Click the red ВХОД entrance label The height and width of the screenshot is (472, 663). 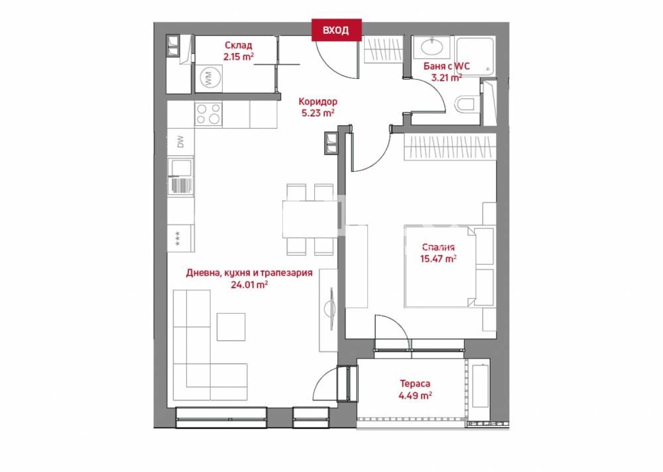337,30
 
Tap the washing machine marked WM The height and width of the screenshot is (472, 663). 208,78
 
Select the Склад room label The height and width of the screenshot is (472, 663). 239,45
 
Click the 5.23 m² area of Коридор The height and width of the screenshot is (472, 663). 318,113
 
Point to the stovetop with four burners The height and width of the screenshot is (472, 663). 208,114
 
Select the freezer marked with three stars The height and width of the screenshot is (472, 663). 180,238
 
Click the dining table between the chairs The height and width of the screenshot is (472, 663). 310,219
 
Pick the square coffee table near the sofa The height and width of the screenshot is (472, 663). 231,327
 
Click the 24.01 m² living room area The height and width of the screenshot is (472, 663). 249,284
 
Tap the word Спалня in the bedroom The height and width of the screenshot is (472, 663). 438,247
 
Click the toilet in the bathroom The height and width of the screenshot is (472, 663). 467,103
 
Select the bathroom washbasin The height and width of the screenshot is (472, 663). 432,47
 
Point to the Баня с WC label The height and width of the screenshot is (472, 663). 446,66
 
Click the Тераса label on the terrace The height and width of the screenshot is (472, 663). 415,384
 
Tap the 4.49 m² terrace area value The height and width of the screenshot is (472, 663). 415,396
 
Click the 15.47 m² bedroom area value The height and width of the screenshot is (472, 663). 438,259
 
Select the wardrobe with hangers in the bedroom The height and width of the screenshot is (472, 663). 450,147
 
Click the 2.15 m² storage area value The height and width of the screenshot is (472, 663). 239,56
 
